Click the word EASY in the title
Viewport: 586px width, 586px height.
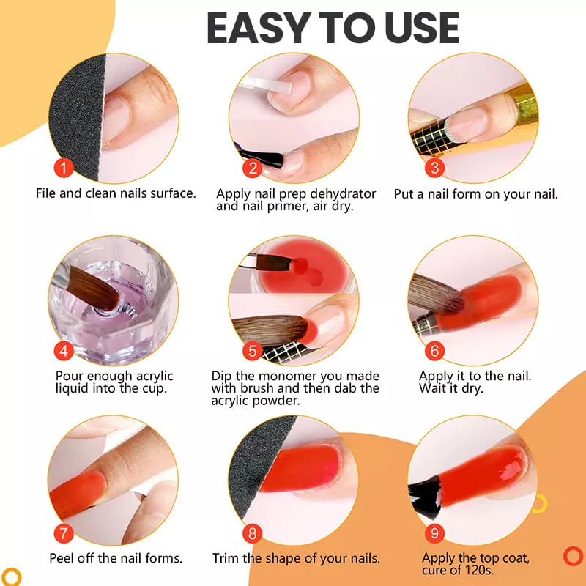click(257, 28)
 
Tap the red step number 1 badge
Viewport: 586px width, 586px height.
click(64, 168)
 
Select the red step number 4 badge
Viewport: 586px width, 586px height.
click(64, 351)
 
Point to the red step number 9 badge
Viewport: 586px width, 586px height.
click(434, 533)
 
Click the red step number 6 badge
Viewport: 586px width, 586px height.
click(434, 351)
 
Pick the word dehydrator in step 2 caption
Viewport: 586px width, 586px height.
click(343, 193)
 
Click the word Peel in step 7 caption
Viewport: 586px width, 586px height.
click(61, 558)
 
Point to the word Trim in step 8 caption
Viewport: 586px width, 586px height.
click(226, 558)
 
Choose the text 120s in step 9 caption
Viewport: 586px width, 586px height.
click(480, 571)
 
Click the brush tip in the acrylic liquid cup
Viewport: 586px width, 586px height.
click(113, 302)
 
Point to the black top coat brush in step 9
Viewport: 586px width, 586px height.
click(424, 497)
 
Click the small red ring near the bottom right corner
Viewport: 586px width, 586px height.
click(573, 557)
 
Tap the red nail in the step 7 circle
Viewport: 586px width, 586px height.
click(78, 493)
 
